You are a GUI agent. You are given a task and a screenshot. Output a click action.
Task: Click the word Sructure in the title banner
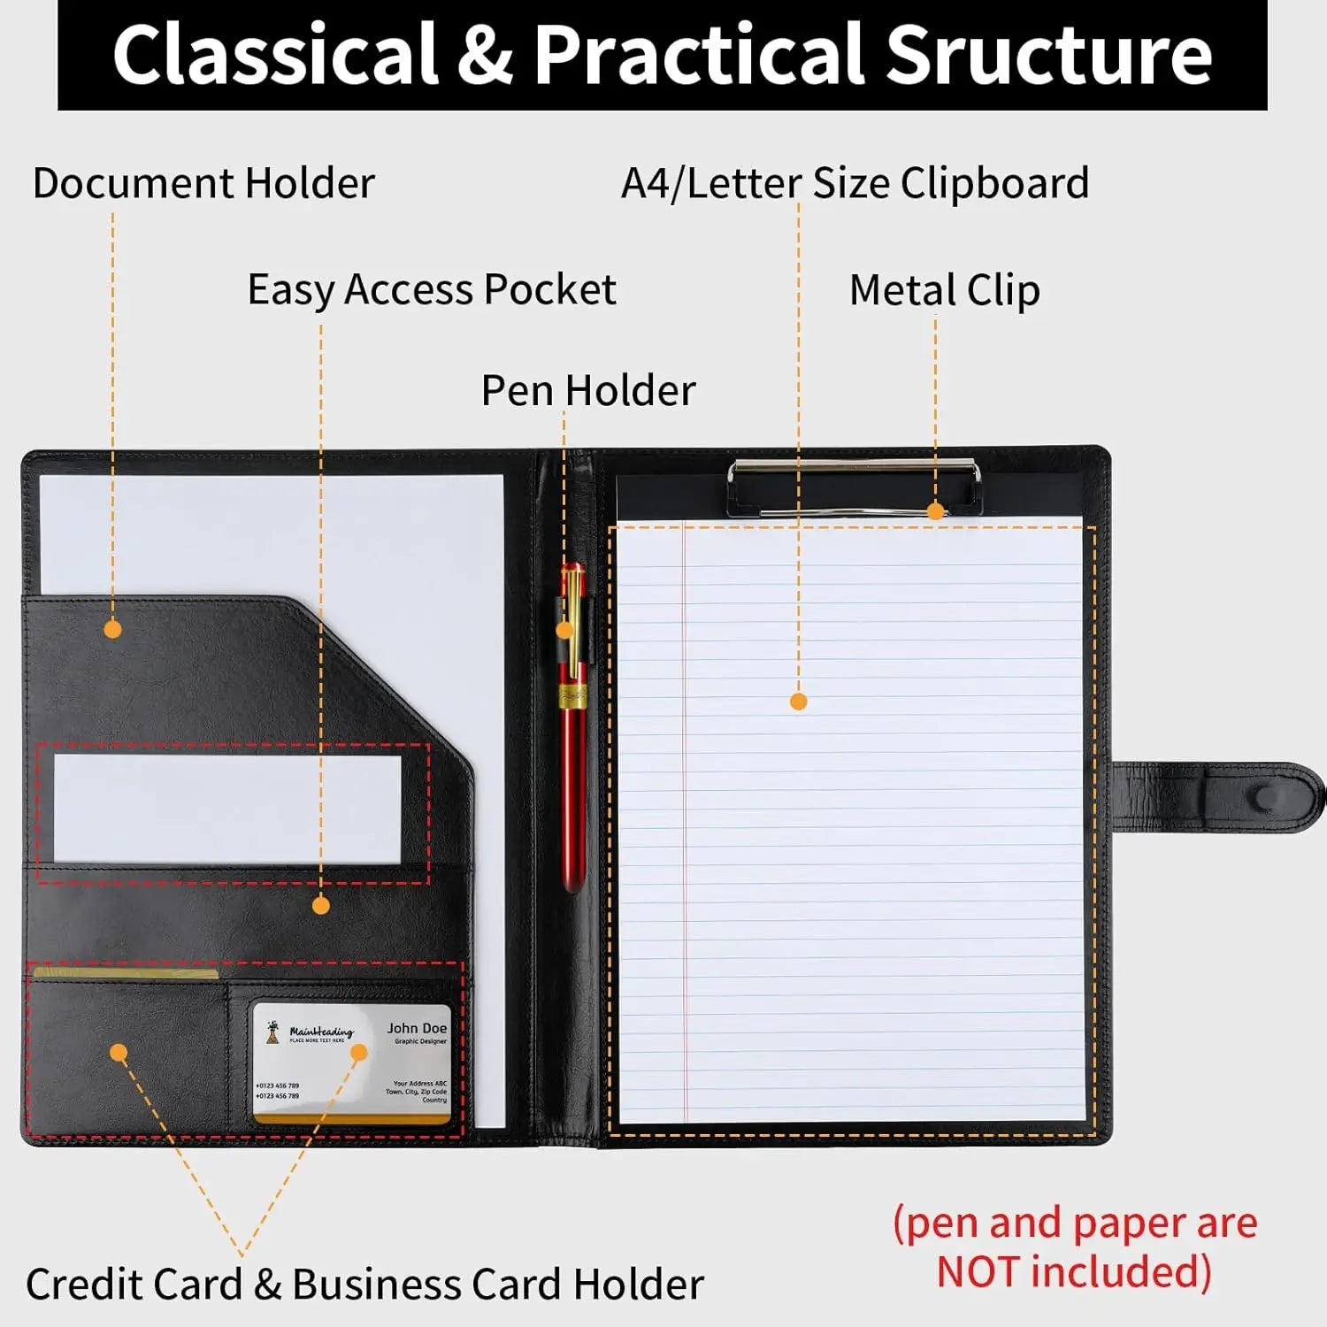1048,55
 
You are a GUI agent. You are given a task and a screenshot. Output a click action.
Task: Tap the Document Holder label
203,183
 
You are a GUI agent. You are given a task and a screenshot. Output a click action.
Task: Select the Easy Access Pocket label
432,289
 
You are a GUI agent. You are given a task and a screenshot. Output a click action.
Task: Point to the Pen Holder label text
588,390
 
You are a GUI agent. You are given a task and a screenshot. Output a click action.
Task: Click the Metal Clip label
944,289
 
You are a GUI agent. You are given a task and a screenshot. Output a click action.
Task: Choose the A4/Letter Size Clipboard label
855,183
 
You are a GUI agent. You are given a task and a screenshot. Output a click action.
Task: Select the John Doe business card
352,1063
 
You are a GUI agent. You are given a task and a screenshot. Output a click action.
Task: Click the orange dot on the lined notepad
798,702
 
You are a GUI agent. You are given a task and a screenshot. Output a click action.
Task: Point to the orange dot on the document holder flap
112,629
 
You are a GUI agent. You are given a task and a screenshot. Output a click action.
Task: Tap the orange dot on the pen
564,630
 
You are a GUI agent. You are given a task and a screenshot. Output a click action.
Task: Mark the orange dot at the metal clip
935,510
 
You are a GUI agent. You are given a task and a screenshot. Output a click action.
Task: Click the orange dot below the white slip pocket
321,905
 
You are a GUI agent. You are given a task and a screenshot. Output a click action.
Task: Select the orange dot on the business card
358,1052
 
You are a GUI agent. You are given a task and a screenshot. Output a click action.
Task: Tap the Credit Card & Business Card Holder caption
364,1285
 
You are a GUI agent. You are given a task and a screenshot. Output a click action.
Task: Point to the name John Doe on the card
417,1028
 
